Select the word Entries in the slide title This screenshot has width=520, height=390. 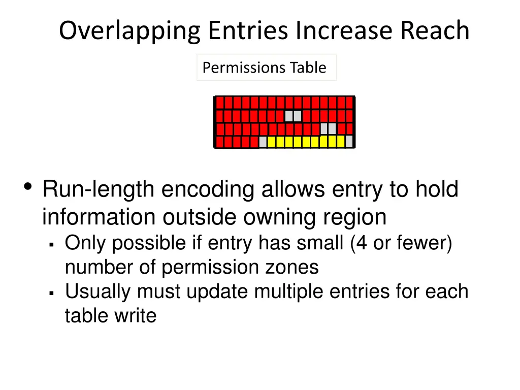249,31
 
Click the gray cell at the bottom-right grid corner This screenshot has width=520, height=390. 349,142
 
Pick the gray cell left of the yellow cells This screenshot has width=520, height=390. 263,142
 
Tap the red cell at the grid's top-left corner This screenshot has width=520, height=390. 220,103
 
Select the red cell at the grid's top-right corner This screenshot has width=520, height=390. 349,103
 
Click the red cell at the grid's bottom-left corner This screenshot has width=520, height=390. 220,142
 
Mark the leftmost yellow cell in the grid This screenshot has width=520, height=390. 271,142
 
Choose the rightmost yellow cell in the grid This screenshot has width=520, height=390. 340,142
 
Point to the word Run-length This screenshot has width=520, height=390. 98,189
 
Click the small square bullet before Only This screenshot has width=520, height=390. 52,245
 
